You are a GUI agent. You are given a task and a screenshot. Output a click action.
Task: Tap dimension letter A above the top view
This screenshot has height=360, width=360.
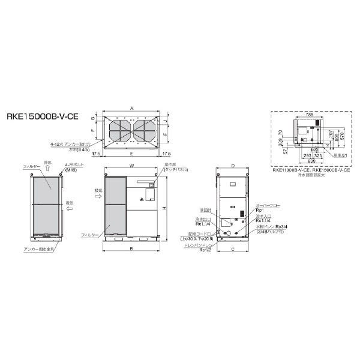pos(131,107)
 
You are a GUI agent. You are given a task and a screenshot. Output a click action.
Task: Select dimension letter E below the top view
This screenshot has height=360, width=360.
pos(131,154)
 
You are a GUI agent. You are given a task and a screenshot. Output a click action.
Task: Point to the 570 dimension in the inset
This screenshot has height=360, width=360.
pos(342,137)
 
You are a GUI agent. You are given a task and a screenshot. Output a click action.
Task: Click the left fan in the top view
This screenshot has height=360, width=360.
pos(119,129)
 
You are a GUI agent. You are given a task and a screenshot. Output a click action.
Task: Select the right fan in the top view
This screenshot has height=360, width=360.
pos(145,129)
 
